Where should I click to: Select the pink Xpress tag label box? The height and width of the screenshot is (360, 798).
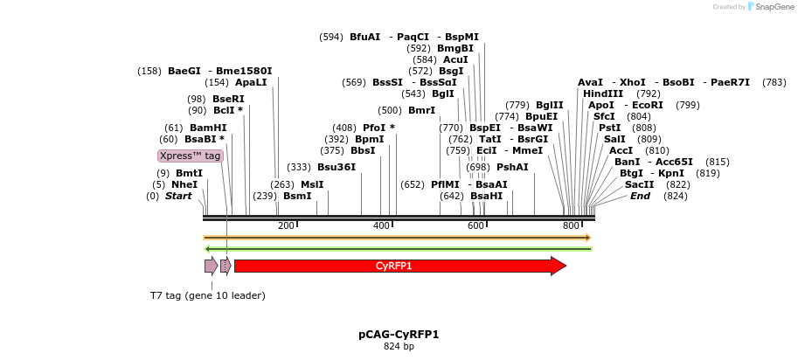190,156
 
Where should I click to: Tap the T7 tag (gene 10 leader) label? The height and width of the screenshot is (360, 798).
207,295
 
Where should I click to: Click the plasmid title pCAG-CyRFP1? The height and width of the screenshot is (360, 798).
399,335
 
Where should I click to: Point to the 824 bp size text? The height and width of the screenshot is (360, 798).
399,347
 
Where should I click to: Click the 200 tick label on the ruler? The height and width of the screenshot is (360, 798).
286,226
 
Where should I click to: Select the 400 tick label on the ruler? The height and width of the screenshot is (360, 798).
381,226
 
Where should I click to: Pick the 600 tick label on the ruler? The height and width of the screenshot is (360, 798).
476,226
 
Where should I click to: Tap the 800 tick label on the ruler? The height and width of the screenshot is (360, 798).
571,226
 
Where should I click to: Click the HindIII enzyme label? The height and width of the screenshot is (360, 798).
603,93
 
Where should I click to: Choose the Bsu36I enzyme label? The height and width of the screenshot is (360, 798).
337,167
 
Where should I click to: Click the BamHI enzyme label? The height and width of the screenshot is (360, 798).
208,128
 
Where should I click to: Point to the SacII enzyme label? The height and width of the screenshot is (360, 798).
639,184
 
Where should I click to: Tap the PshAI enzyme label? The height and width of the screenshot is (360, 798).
512,167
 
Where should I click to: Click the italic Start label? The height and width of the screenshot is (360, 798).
177,196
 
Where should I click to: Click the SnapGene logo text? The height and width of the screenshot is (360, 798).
770,7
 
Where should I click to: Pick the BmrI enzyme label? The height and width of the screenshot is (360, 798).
421,110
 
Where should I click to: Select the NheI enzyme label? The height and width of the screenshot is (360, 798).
184,184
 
